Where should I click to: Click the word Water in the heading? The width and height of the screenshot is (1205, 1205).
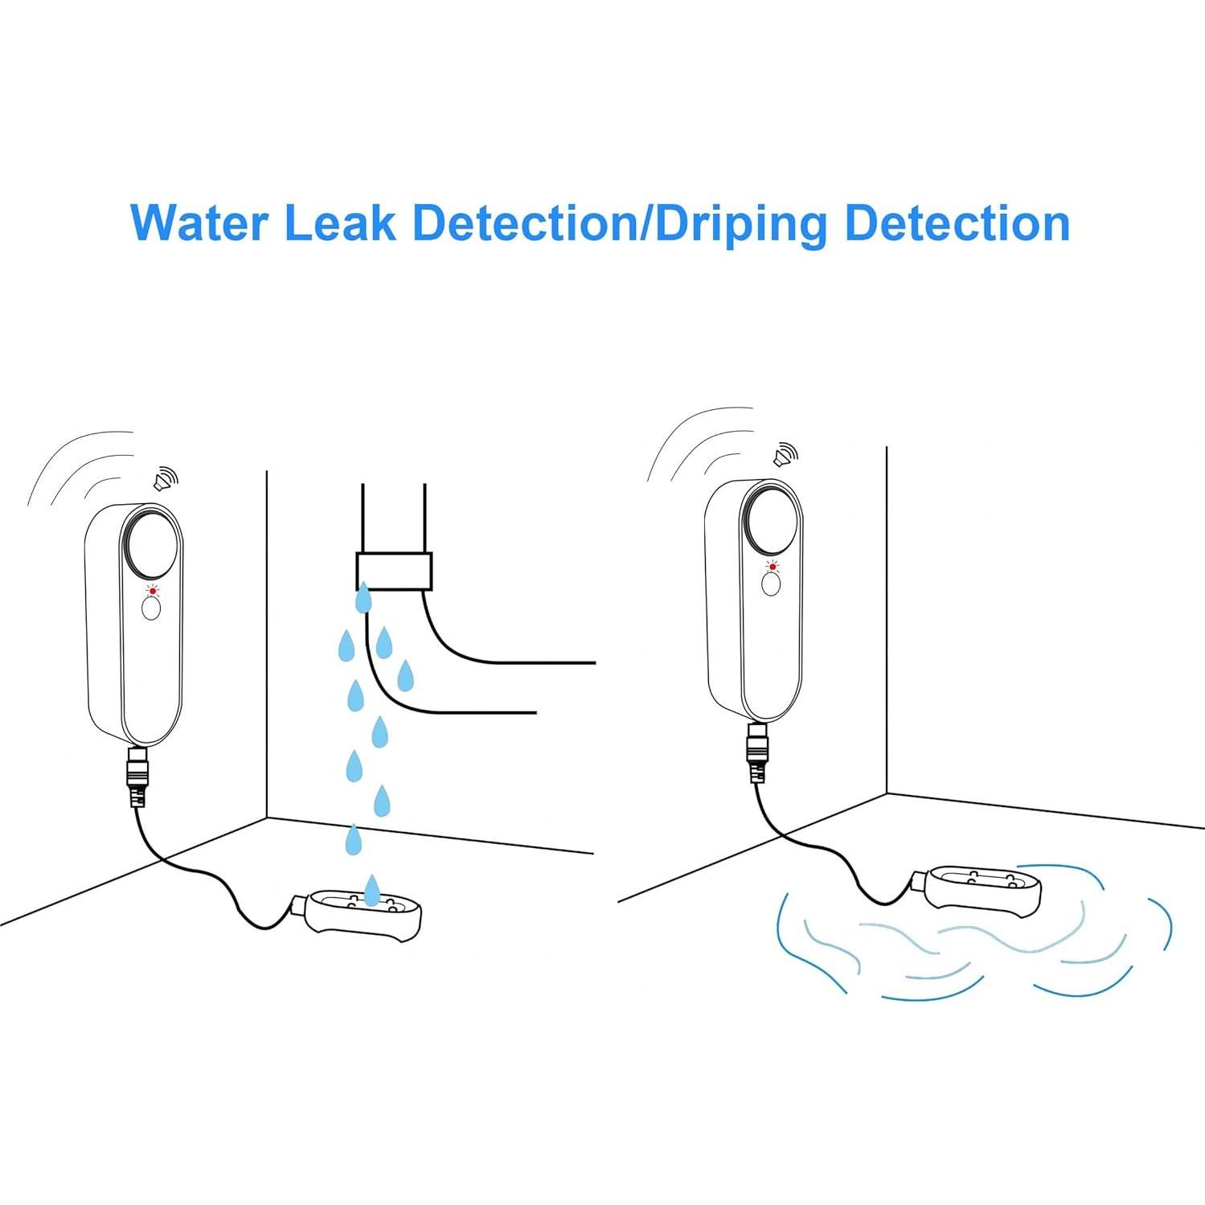[x=199, y=223]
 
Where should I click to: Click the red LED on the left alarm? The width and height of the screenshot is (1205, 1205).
[x=151, y=591]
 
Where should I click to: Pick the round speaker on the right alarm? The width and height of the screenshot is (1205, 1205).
[x=770, y=519]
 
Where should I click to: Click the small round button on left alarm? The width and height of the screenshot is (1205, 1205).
[x=151, y=609]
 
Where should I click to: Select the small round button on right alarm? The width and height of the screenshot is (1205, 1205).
[x=771, y=585]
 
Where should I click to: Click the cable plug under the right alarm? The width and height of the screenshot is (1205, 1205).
[x=757, y=751]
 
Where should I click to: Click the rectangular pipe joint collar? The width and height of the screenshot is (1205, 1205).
[x=394, y=572]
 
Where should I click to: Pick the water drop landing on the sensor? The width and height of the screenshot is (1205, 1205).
[x=371, y=890]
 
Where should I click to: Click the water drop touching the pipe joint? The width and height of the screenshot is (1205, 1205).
[x=364, y=597]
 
